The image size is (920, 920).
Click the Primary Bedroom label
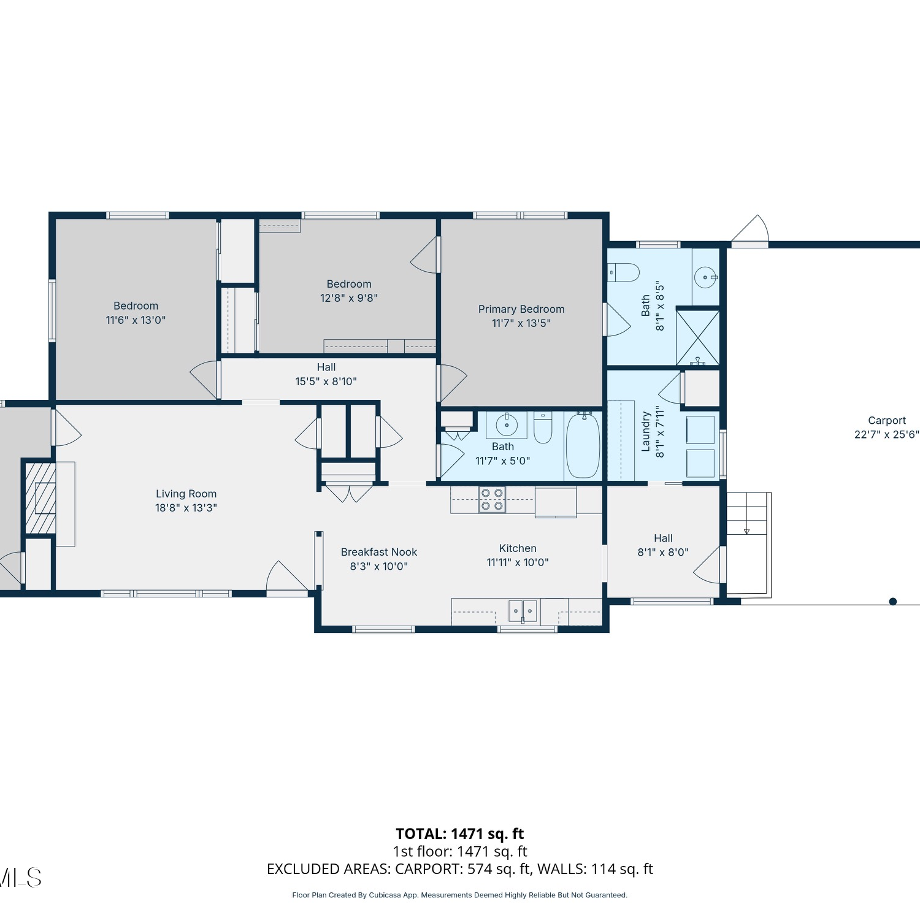pyautogui.click(x=521, y=309)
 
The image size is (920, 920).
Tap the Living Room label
pyautogui.click(x=186, y=494)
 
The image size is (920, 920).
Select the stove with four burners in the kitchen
pyautogui.click(x=492, y=499)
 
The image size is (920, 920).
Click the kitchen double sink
pyautogui.click(x=523, y=611)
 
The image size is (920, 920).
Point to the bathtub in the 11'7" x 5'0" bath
pyautogui.click(x=583, y=445)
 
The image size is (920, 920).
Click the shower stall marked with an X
pyautogui.click(x=698, y=337)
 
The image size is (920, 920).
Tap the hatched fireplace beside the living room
pyautogui.click(x=40, y=497)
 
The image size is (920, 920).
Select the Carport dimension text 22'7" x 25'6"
pyautogui.click(x=887, y=435)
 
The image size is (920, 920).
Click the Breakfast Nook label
pyautogui.click(x=379, y=552)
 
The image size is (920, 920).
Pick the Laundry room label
pyautogui.click(x=646, y=432)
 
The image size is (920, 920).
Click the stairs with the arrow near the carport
pyautogui.click(x=747, y=543)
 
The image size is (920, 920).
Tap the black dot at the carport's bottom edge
pyautogui.click(x=893, y=602)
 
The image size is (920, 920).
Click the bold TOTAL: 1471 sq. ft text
pyautogui.click(x=460, y=834)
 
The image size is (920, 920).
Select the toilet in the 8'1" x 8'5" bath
pyautogui.click(x=624, y=272)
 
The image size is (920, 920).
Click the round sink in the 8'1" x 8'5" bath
pyautogui.click(x=705, y=277)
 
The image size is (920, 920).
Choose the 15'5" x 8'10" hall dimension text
pyautogui.click(x=326, y=381)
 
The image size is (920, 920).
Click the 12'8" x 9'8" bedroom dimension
pyautogui.click(x=349, y=298)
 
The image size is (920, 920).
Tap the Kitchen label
pyautogui.click(x=518, y=548)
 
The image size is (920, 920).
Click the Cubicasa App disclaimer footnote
pyautogui.click(x=460, y=895)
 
